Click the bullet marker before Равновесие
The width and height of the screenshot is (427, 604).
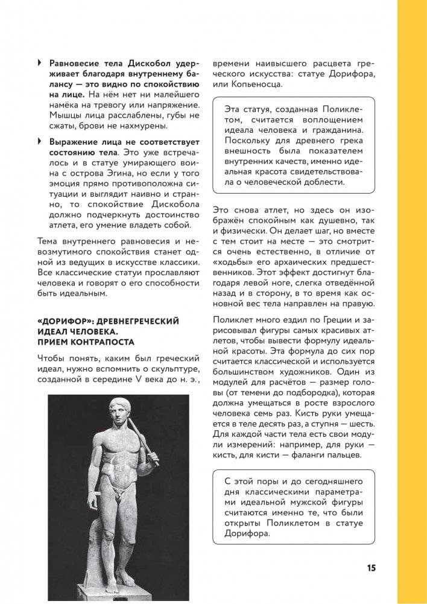tap(40, 62)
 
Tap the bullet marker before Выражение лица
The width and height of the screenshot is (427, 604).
tap(40, 141)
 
